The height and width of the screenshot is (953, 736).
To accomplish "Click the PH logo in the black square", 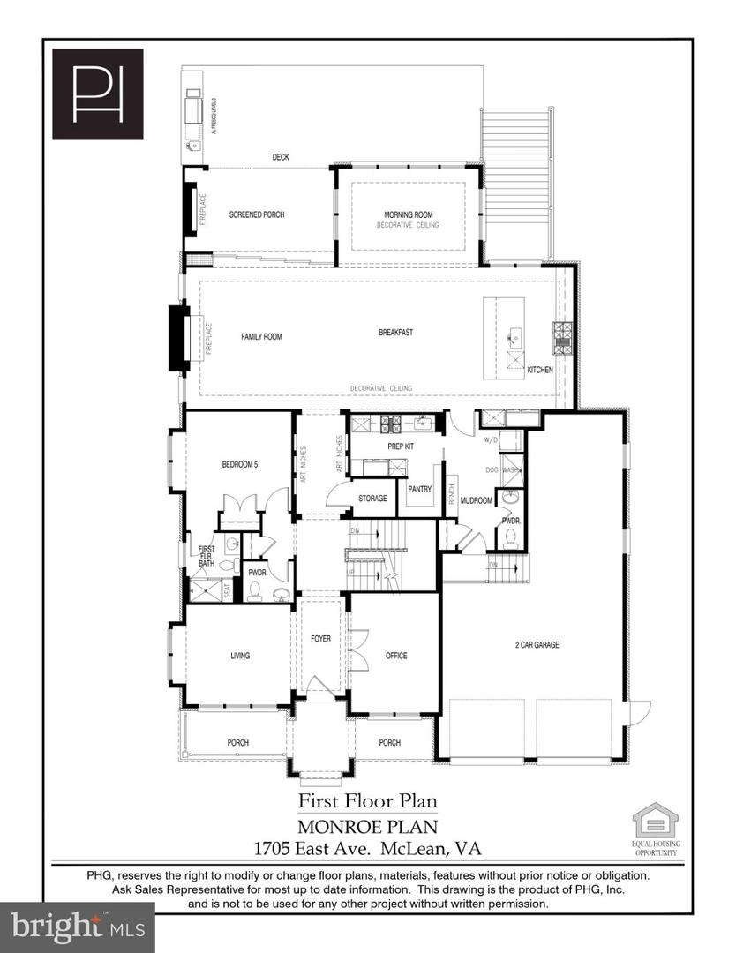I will coord(97,94).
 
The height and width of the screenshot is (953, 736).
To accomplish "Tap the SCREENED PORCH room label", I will coord(257,214).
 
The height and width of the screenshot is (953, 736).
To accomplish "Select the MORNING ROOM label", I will coord(408,214).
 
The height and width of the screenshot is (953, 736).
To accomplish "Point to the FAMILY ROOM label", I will coord(261,336).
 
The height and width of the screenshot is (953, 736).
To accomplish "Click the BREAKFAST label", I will coord(396,333).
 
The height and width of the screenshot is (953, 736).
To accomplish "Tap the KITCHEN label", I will coord(540,370).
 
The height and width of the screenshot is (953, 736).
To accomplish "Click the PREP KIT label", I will coord(401,446).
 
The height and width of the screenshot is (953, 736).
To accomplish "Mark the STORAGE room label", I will coord(372,499).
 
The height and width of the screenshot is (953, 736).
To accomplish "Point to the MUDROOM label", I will coord(476,499).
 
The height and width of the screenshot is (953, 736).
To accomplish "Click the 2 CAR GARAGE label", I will coord(537,644).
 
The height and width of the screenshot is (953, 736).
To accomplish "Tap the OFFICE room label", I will coord(396,656).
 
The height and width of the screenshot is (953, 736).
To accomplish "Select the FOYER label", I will coord(320,638).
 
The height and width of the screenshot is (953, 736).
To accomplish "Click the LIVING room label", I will coord(240,656).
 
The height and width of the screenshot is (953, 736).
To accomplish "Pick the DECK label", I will coord(280,157).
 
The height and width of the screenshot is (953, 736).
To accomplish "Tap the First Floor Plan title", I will coord(367,801).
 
